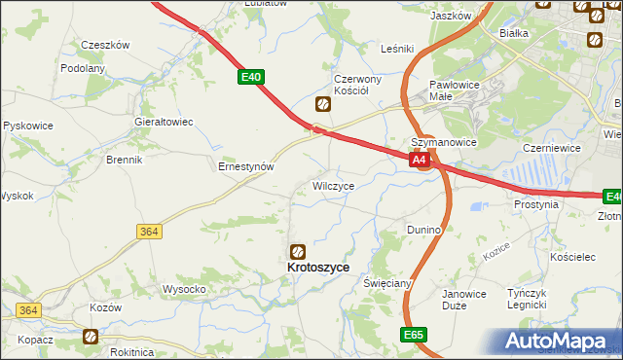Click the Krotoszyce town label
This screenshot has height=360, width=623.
pyautogui.click(x=317, y=266)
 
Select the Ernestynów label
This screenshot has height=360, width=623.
pyautogui.click(x=245, y=166)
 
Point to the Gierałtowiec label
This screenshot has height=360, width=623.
pyautogui.click(x=164, y=122)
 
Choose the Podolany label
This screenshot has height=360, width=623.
pyautogui.click(x=83, y=68)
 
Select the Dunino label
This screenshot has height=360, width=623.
pyautogui.click(x=424, y=230)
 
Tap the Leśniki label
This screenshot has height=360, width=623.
pyautogui.click(x=398, y=48)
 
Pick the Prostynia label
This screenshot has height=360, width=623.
pyautogui.click(x=536, y=205)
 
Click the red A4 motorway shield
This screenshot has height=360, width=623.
pyautogui.click(x=420, y=159)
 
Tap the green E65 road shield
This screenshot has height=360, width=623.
pyautogui.click(x=413, y=334)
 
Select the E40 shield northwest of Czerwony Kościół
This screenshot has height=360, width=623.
pyautogui.click(x=250, y=76)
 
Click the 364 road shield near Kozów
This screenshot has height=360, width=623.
pyautogui.click(x=27, y=310)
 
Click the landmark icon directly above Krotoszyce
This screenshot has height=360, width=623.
pyautogui.click(x=299, y=250)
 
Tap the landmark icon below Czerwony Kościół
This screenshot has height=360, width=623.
pyautogui.click(x=322, y=104)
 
